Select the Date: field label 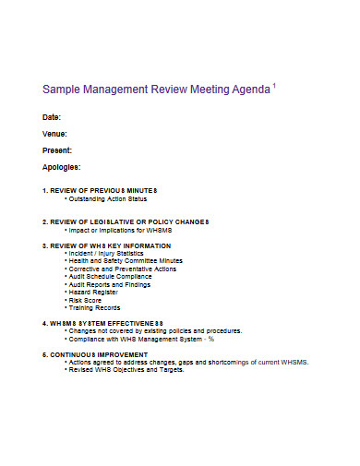click(52, 117)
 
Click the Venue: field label click(54, 134)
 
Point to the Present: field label click(57, 150)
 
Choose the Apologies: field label click(61, 167)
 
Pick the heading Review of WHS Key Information click(105, 245)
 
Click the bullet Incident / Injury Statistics click(107, 253)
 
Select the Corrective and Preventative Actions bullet click(124, 269)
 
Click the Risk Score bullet click(87, 300)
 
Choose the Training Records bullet click(94, 308)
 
